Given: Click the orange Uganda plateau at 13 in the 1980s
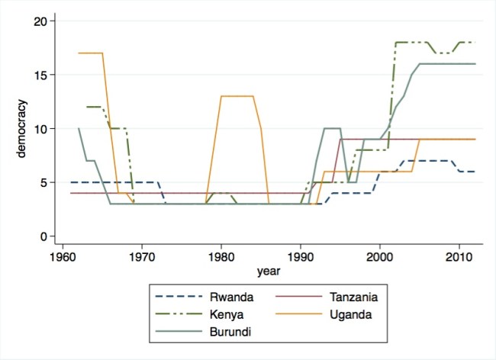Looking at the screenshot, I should [x=237, y=96].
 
